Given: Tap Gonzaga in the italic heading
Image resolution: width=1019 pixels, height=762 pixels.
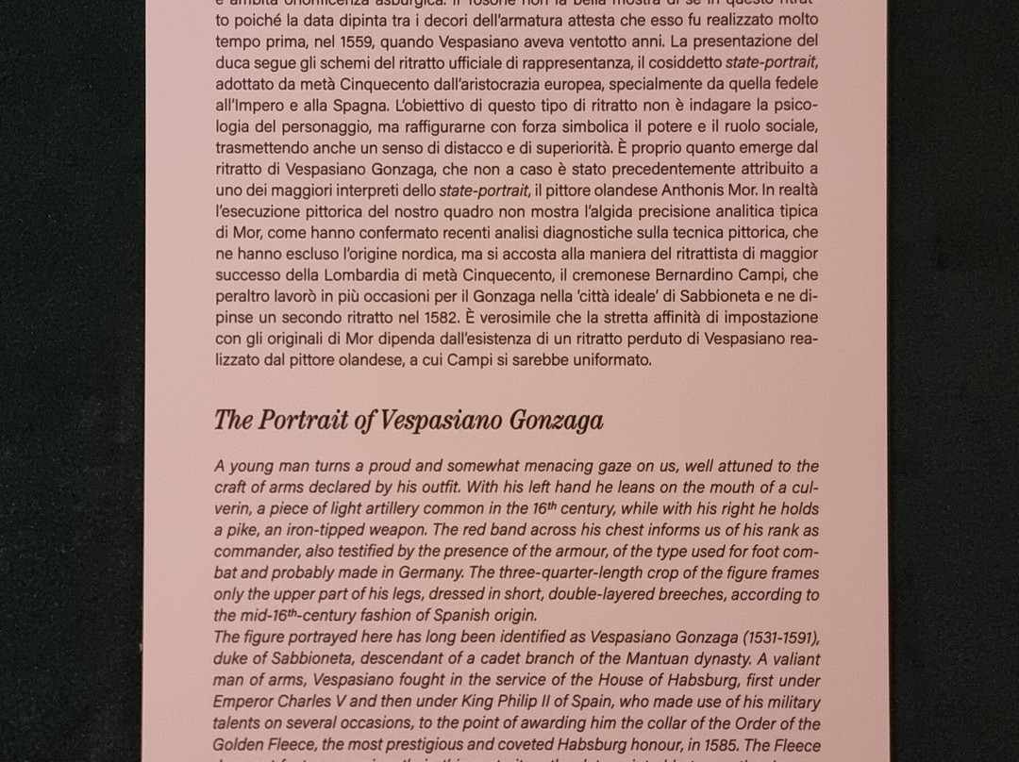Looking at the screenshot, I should pos(556,420).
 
